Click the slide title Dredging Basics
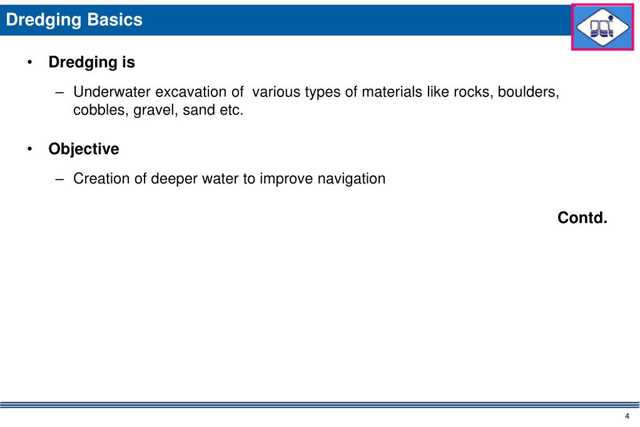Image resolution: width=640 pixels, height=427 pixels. point(74,20)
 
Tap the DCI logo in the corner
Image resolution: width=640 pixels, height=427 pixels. point(602,26)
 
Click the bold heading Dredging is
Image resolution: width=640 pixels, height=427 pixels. point(92,63)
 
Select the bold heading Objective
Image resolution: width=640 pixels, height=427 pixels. point(84,150)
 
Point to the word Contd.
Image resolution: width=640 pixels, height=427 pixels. point(582,218)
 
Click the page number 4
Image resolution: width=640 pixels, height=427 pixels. point(626,418)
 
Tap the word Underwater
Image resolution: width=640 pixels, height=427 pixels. point(112,93)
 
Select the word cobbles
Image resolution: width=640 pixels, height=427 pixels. point(100,111)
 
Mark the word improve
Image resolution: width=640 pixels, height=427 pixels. point(284,179)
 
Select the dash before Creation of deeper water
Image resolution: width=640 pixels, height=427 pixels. point(60,179)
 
